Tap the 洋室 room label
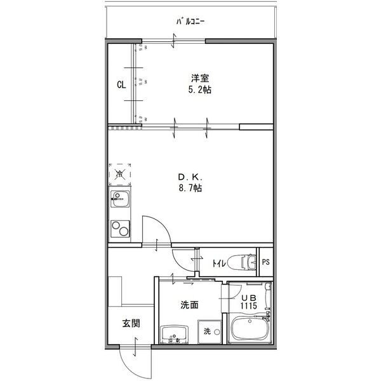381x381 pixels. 200,78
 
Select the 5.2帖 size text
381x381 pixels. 200,90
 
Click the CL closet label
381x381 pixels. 121,84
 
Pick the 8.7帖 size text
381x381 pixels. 190,188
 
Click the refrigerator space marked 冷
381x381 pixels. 119,173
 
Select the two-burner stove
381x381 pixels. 119,227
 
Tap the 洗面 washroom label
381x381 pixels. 189,305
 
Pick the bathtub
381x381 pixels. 251,331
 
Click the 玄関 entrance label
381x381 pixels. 131,323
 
